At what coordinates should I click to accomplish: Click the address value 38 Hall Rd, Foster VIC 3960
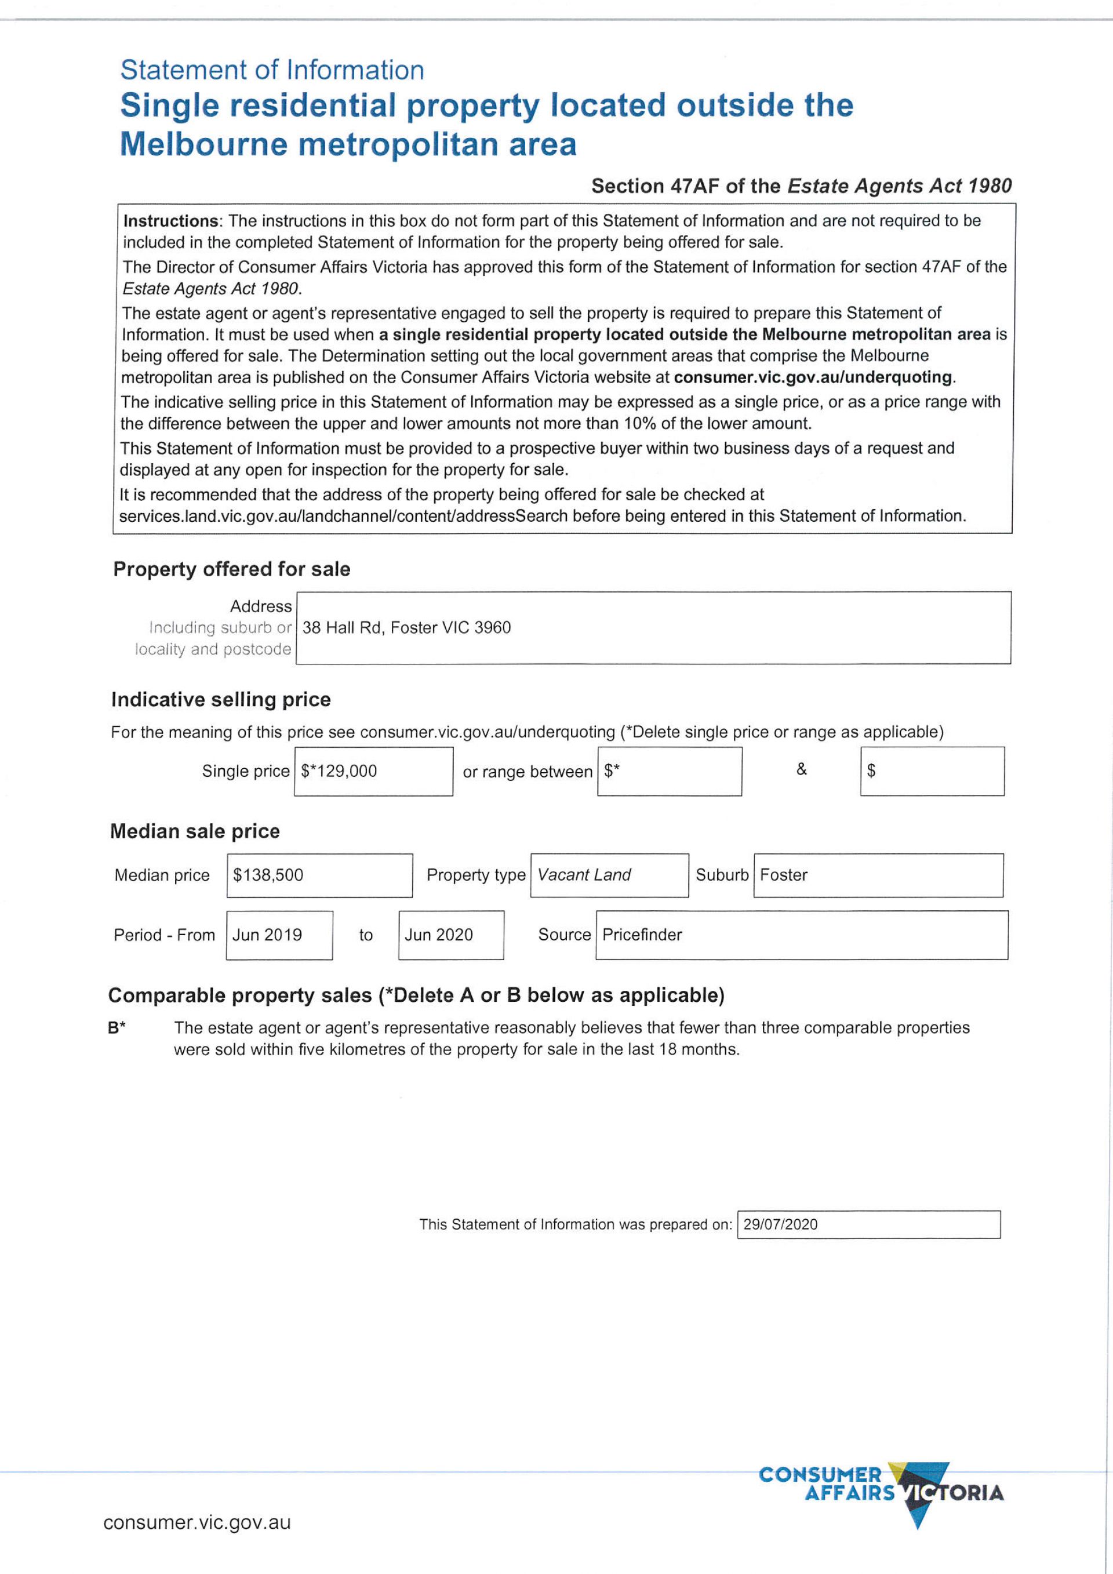(406, 627)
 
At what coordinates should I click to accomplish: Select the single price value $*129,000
(339, 770)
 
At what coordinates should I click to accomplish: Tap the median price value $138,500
(268, 875)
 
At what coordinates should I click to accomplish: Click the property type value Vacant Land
(584, 875)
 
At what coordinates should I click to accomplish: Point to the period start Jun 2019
(267, 935)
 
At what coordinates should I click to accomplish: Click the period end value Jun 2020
(439, 935)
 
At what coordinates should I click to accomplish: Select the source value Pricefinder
(642, 935)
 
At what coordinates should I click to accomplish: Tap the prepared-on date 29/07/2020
(781, 1224)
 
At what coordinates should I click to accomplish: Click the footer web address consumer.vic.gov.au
(197, 1522)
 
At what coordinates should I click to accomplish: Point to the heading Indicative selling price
(221, 699)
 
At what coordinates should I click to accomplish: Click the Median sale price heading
(195, 831)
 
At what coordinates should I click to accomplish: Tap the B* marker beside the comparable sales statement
(117, 1028)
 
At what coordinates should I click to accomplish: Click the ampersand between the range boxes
(801, 769)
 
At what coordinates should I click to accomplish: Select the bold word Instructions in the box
(170, 221)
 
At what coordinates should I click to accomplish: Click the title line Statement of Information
(272, 70)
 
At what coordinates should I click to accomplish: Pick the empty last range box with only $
(932, 770)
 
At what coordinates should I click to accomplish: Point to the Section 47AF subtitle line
(801, 186)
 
